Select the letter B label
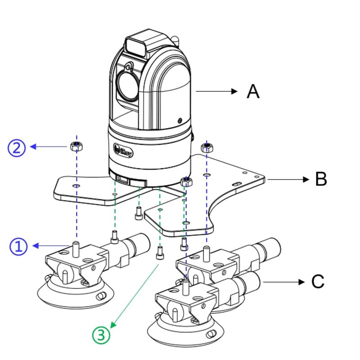[x=320, y=179]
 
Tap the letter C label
[x=318, y=282]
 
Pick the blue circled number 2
[x=17, y=148]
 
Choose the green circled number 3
[x=101, y=335]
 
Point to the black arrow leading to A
[x=216, y=91]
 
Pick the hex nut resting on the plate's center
[x=186, y=181]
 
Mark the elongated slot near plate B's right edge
[x=235, y=184]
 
